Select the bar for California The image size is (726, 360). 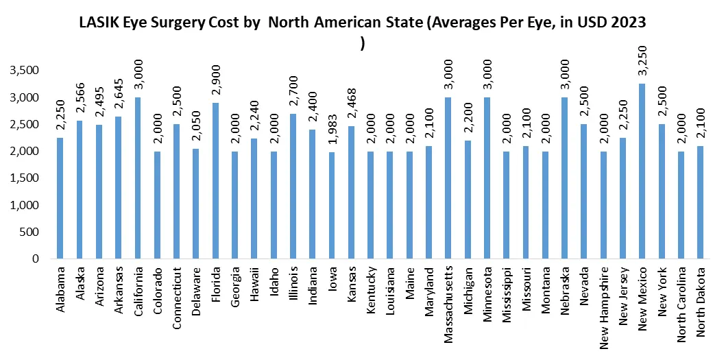[138, 178]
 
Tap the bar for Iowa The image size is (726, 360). [332, 206]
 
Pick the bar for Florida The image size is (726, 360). [215, 181]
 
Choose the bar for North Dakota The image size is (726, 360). [700, 203]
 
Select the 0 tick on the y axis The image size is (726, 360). [33, 259]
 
